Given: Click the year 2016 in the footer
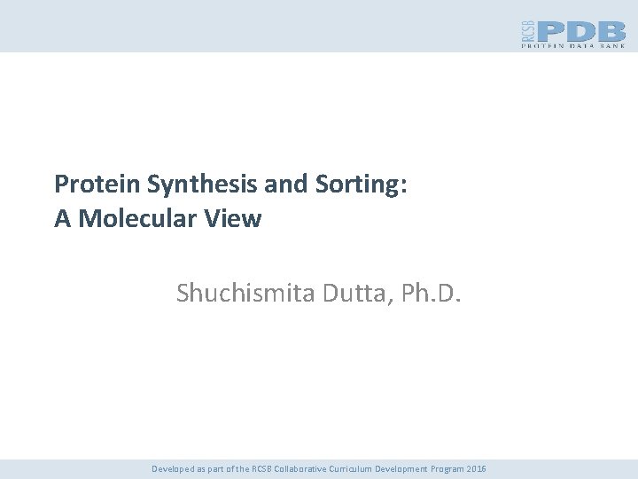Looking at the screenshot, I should pos(474,468).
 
